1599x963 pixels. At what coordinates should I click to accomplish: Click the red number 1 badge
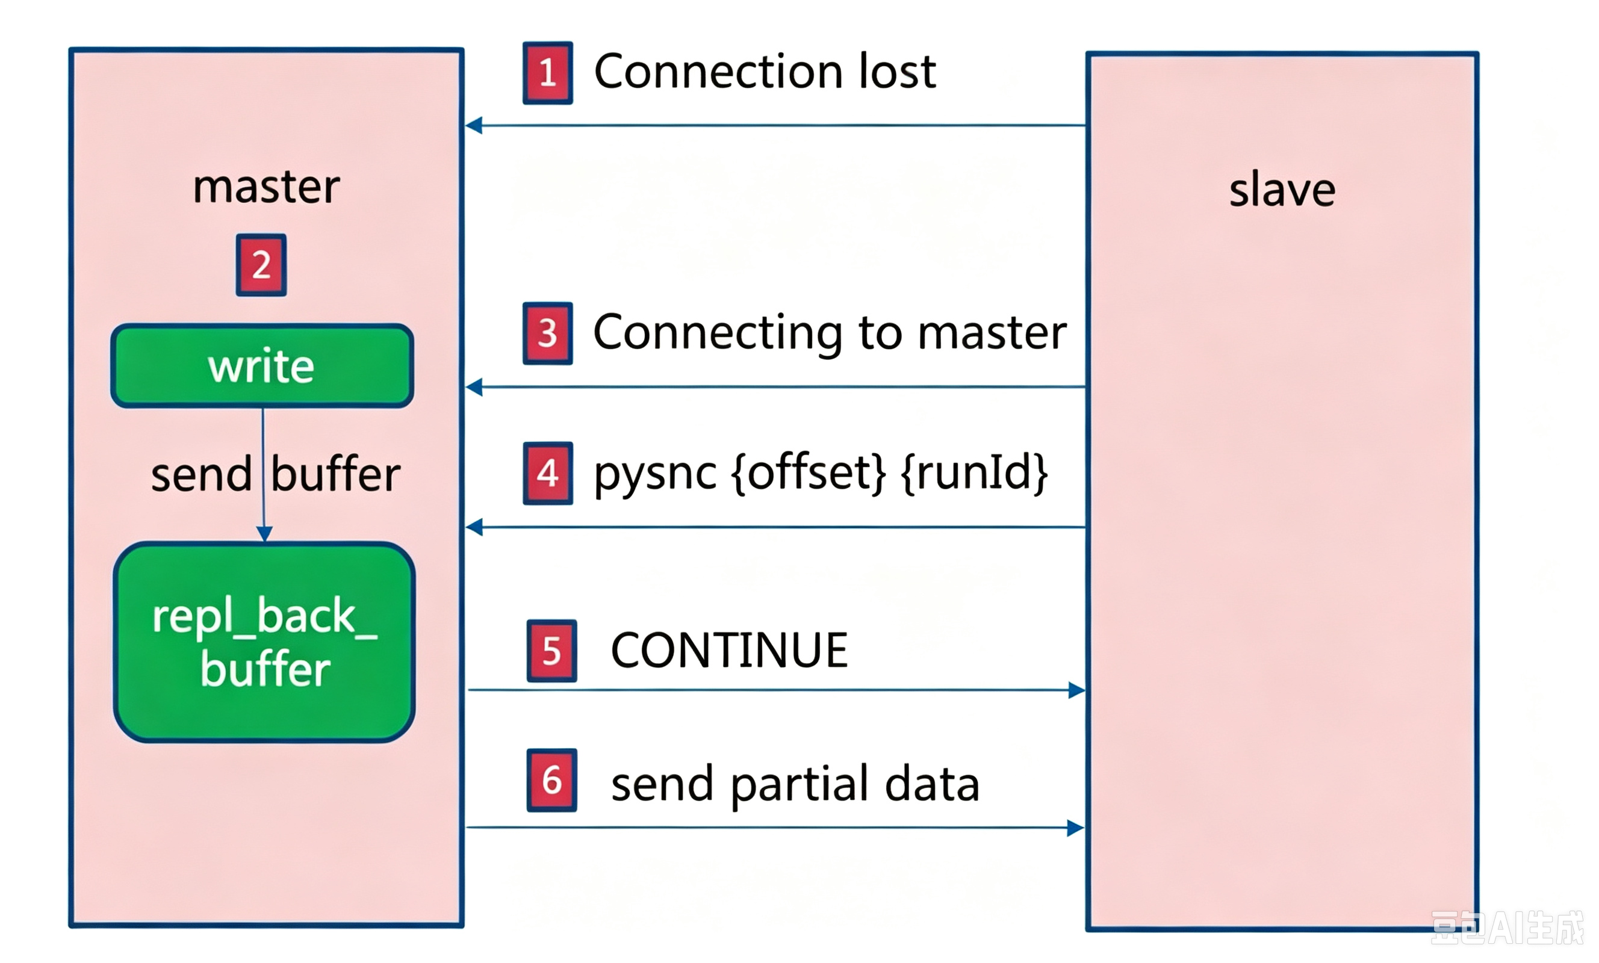pyautogui.click(x=548, y=73)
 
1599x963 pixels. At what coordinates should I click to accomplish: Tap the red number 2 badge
pyautogui.click(x=261, y=265)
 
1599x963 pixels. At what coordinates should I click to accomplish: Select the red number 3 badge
pyautogui.click(x=548, y=333)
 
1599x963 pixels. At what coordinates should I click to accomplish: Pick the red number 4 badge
pyautogui.click(x=548, y=473)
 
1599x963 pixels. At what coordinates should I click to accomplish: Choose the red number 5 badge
pyautogui.click(x=551, y=651)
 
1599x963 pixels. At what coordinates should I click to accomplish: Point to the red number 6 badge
pyautogui.click(x=551, y=780)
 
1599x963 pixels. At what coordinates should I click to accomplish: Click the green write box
pyautogui.click(x=262, y=366)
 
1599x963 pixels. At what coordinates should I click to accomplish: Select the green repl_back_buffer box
pyautogui.click(x=264, y=642)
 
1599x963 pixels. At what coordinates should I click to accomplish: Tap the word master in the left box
pyautogui.click(x=266, y=187)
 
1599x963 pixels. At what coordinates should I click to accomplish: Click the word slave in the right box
pyautogui.click(x=1282, y=190)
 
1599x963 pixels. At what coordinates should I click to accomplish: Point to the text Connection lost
pyautogui.click(x=765, y=71)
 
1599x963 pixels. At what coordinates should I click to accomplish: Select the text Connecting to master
pyautogui.click(x=830, y=332)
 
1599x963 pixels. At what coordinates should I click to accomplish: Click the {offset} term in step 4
pyautogui.click(x=809, y=473)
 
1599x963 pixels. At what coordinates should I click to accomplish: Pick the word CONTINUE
pyautogui.click(x=730, y=650)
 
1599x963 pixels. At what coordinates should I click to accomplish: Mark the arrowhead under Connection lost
pyautogui.click(x=474, y=125)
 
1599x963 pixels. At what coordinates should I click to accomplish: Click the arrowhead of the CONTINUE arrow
pyautogui.click(x=1076, y=690)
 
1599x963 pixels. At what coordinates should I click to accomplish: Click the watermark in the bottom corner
pyautogui.click(x=1507, y=928)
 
